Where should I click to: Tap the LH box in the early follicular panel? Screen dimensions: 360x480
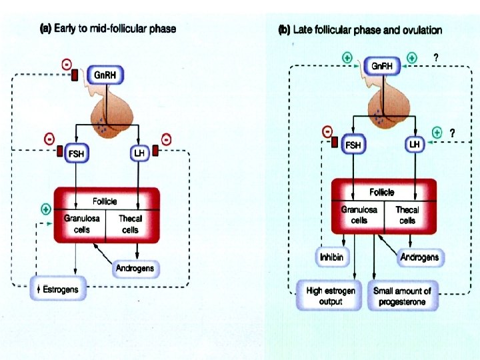(x=139, y=153)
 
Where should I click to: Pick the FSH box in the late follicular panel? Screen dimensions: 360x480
(x=352, y=144)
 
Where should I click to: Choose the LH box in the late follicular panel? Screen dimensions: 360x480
(x=415, y=144)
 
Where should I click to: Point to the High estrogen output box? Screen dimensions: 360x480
(x=331, y=296)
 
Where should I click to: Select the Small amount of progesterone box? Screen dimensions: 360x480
(x=402, y=296)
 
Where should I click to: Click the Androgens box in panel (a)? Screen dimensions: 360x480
(x=135, y=268)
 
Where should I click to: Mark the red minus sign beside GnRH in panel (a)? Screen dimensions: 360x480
(x=66, y=64)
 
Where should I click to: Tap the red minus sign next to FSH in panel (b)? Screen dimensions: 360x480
(x=327, y=131)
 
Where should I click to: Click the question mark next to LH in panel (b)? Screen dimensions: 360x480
(x=453, y=133)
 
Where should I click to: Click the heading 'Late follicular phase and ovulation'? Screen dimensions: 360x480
(x=359, y=30)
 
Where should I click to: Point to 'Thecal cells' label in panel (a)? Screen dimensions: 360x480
(x=131, y=224)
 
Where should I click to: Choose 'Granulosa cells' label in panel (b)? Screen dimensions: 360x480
(x=359, y=214)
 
